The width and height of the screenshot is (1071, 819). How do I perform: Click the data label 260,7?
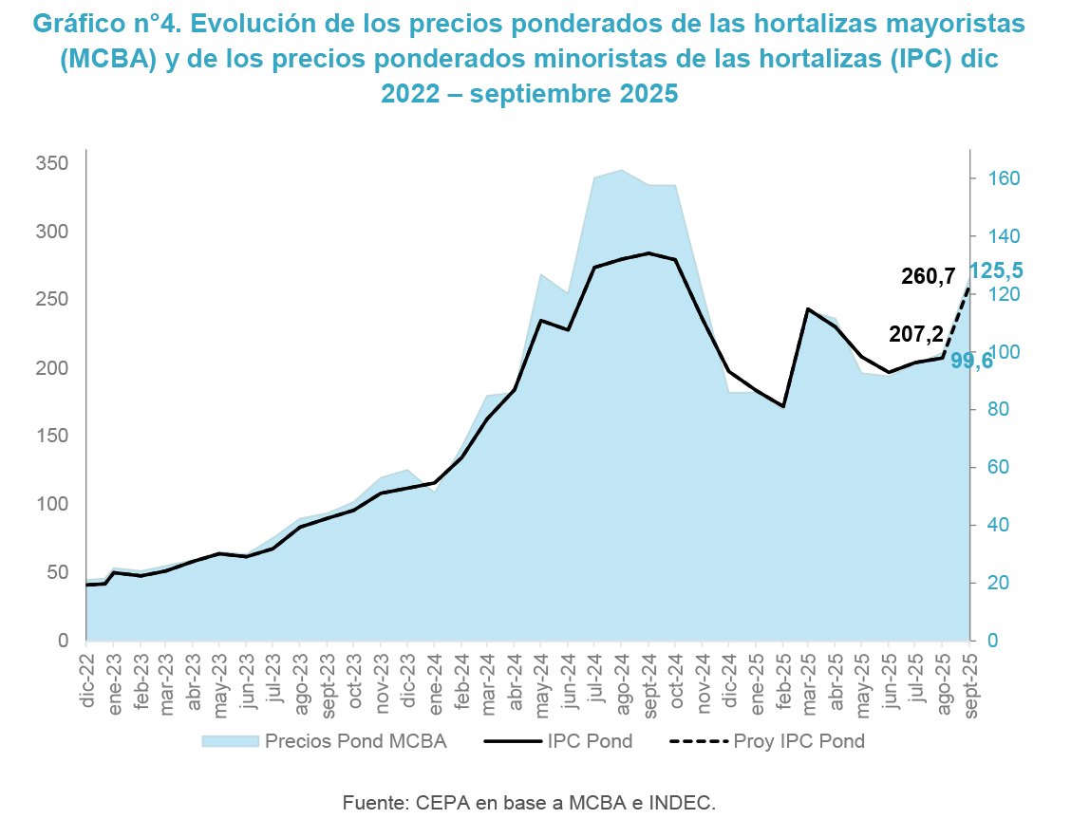tap(928, 277)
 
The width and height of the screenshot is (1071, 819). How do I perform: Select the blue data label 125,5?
tap(995, 270)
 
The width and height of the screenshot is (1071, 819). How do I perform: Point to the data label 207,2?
tap(915, 333)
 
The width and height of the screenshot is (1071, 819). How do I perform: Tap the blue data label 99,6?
tap(971, 361)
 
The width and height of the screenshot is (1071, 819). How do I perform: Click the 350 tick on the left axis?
tap(53, 164)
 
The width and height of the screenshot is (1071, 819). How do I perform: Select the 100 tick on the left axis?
tap(53, 504)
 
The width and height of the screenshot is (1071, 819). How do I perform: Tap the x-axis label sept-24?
tap(648, 679)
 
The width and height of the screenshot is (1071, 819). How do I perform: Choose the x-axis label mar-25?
tap(809, 678)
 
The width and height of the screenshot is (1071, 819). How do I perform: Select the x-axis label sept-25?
tap(969, 679)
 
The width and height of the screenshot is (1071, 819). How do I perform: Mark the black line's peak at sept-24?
tap(648, 253)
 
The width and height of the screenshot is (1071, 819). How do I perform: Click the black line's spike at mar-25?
tap(808, 309)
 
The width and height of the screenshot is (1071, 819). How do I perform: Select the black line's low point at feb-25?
tap(782, 406)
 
